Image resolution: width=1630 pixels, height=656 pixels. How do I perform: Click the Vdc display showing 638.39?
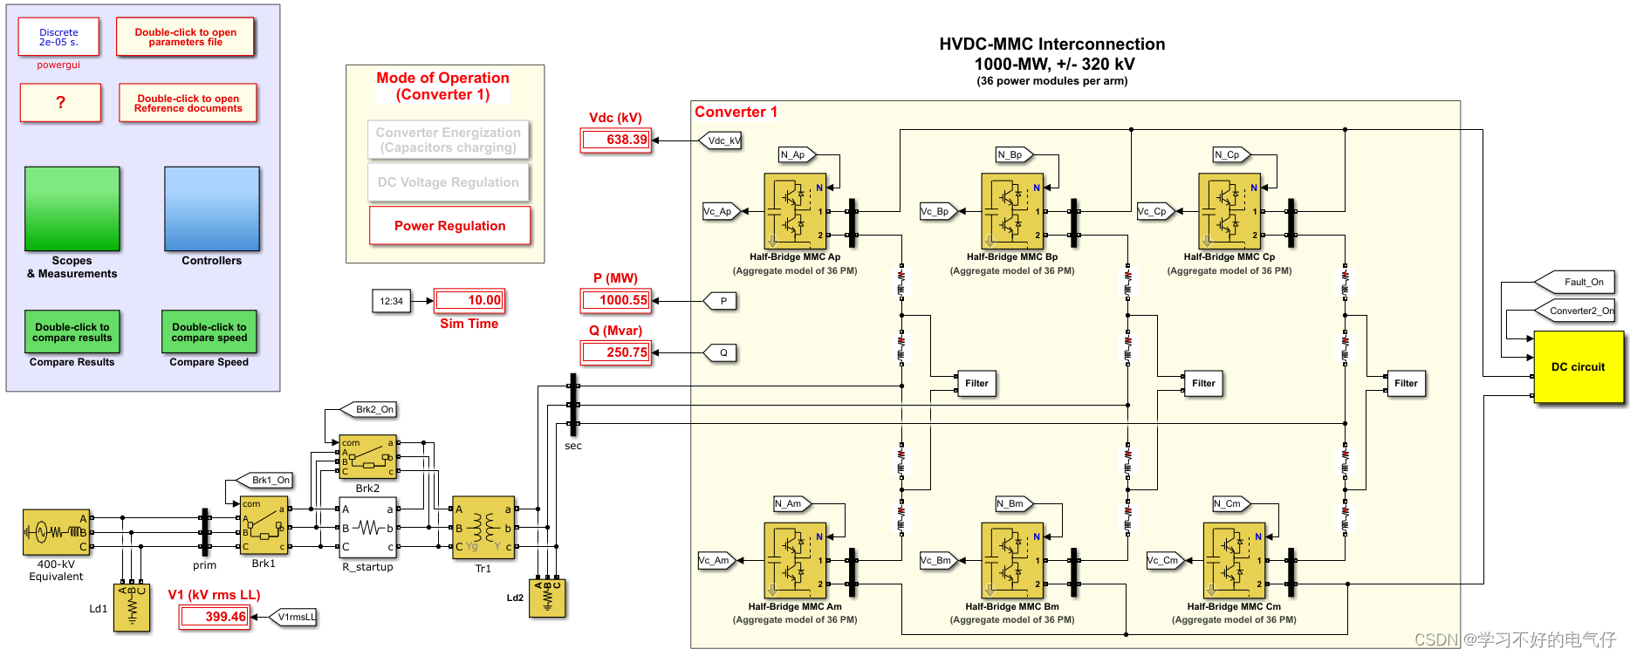615,140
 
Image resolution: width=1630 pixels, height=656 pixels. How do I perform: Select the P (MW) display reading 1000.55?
615,301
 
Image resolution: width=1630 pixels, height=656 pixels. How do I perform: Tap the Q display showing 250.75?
615,352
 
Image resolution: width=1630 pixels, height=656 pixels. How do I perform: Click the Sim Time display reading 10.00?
469,301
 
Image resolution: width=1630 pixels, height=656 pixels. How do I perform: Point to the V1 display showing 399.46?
215,617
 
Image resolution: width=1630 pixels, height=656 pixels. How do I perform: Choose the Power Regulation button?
449,226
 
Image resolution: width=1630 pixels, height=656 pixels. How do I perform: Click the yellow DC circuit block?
1578,367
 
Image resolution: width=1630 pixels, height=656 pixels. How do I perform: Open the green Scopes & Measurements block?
72,209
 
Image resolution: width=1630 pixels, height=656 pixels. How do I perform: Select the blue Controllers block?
211,209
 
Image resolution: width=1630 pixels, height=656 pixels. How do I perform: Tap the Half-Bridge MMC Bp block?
1012,211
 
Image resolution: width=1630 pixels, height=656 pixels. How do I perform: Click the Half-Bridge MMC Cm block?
1234,560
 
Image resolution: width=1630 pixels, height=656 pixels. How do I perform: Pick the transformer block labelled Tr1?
483,528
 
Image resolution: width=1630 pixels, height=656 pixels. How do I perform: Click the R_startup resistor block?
367,528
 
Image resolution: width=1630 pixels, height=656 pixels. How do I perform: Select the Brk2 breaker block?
367,457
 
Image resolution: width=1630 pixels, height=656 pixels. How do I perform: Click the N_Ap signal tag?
795,154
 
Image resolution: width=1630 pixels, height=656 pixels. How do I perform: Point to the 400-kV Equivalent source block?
56,532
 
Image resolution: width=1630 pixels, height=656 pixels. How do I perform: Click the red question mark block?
60,102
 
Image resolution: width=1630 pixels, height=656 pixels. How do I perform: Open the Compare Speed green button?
209,332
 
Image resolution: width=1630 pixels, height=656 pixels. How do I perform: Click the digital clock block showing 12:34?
391,301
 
